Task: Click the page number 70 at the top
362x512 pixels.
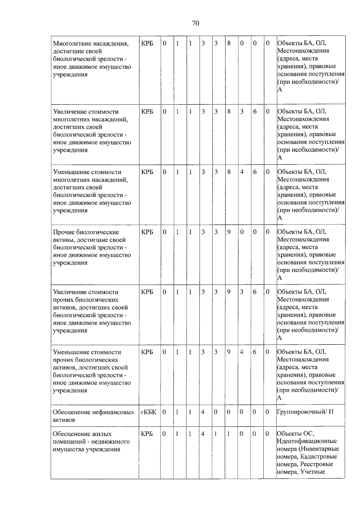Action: pos(195,23)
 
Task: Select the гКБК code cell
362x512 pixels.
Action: pos(148,412)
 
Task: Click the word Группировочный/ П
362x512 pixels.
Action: pos(305,412)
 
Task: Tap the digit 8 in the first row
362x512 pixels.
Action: pos(229,43)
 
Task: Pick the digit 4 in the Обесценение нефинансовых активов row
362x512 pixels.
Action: pos(203,412)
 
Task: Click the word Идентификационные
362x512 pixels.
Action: pos(306,441)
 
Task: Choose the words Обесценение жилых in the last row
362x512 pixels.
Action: pos(82,434)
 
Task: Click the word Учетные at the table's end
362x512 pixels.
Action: pos(313,472)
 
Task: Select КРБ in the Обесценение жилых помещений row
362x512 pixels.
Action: pos(147,434)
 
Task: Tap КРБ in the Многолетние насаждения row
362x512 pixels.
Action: pos(147,43)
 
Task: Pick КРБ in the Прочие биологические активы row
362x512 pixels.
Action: pos(147,232)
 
